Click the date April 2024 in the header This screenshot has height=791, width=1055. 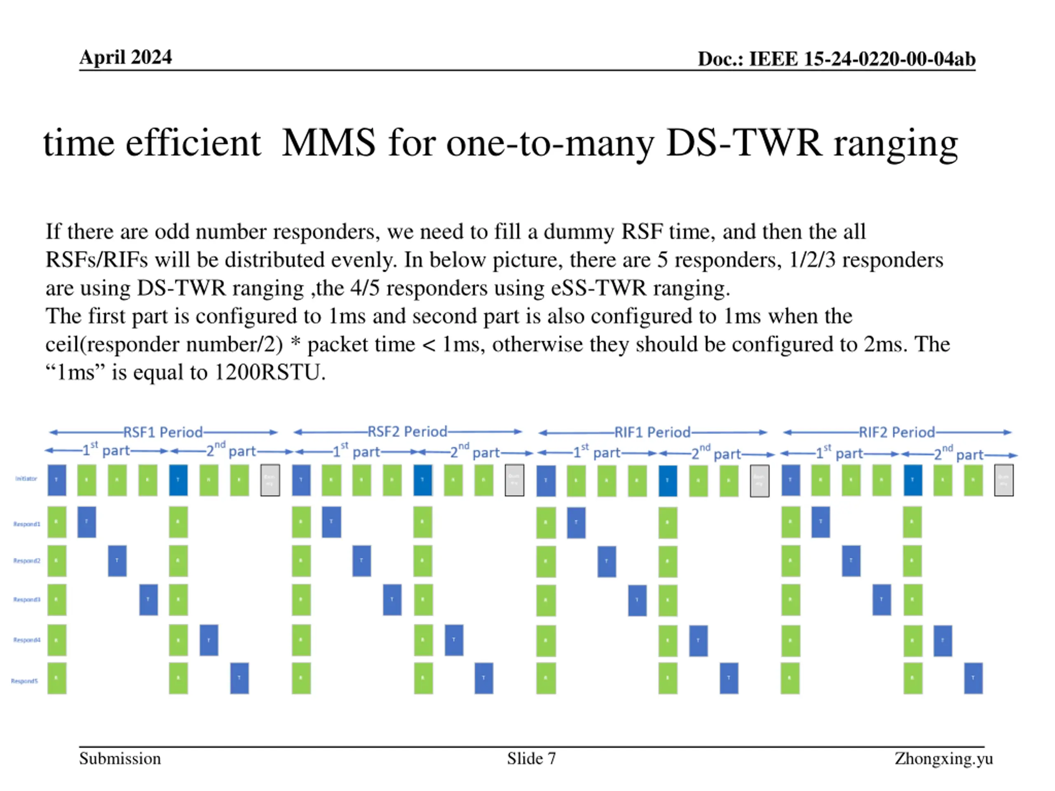pos(125,57)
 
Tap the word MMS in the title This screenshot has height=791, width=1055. pos(328,143)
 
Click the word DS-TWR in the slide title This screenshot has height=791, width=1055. pos(744,143)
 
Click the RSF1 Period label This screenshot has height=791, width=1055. pos(163,433)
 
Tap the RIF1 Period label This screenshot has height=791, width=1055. pos(652,433)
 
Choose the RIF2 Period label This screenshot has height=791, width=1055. pos(897,433)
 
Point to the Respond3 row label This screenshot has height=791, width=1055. pos(27,599)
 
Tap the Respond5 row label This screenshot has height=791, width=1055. pos(24,681)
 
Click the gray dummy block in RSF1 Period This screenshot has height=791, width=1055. pos(270,480)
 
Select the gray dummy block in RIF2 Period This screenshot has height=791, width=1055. pos(1003,480)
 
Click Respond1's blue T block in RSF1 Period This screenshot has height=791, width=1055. pos(87,522)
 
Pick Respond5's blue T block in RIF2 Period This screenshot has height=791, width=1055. pos(973,678)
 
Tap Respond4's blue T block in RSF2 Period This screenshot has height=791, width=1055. pos(454,640)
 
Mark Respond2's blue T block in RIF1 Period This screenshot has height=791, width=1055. pos(606,561)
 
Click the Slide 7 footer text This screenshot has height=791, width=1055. pos(531,758)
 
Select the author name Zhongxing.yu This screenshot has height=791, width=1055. pos(943,758)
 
